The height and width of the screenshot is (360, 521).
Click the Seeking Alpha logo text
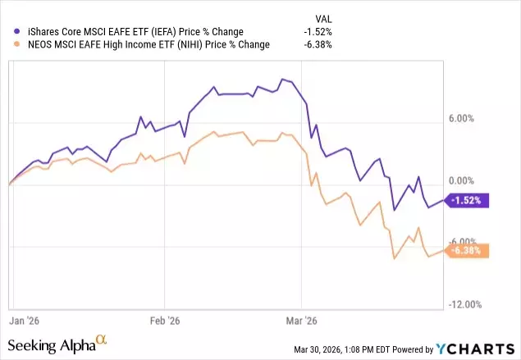tap(52, 345)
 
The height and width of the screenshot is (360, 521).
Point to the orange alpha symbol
tap(102, 339)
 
